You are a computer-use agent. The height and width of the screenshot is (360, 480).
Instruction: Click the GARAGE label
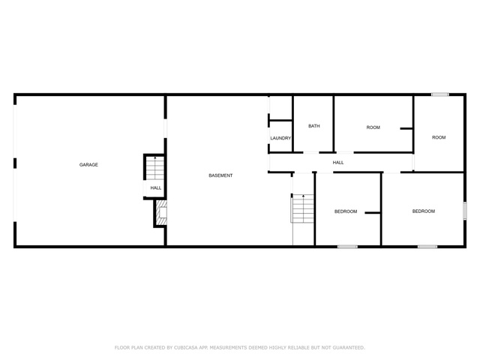[88, 165]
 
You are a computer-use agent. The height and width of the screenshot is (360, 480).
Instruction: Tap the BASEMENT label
[220, 175]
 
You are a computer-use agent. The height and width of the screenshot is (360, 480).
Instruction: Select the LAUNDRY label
[280, 138]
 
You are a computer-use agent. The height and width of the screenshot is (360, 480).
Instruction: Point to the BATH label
[314, 126]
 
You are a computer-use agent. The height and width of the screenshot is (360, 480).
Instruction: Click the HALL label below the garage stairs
[156, 188]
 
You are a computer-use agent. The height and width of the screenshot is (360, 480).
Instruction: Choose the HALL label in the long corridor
[338, 163]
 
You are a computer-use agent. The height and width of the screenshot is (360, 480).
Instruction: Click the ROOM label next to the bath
[373, 127]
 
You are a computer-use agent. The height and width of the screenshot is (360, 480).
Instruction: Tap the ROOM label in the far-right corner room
[439, 137]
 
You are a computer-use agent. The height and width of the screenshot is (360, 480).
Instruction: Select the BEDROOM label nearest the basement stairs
[346, 211]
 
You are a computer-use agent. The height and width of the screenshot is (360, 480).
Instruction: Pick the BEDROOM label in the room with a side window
[424, 211]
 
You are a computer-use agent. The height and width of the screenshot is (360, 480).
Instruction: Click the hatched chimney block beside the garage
[162, 212]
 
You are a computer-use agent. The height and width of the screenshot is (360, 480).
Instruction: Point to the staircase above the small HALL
[155, 168]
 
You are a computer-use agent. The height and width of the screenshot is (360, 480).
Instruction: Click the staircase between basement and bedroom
[302, 208]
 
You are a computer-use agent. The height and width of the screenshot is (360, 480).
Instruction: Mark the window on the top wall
[440, 94]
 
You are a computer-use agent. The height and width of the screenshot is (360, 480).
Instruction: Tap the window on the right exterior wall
[465, 211]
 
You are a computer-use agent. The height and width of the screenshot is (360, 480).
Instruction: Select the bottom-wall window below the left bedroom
[347, 247]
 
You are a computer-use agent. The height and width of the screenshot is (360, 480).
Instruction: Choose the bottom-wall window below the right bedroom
[427, 247]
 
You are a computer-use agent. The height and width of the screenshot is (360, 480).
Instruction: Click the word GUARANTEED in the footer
[349, 348]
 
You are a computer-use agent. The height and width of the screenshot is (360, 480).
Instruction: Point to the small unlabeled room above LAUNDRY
[280, 108]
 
